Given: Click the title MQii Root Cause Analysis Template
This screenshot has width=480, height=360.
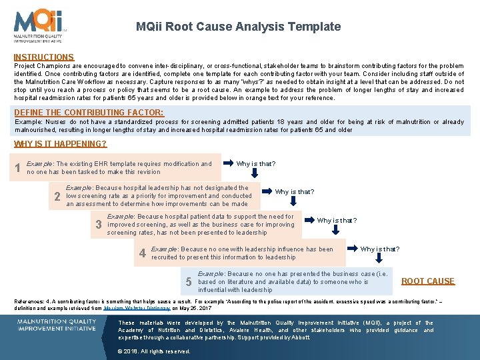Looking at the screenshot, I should [x=238, y=27].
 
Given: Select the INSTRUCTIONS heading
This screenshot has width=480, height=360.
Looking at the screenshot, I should [x=44, y=58].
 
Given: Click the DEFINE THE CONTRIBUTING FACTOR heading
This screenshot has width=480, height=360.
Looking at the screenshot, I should [x=89, y=113].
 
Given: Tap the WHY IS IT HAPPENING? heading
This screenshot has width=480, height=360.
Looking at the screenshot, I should [x=60, y=144].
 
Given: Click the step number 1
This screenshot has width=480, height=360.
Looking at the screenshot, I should [x=18, y=168].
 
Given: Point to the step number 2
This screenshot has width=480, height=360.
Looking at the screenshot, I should [x=57, y=197].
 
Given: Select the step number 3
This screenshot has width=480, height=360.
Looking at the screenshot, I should [x=99, y=225].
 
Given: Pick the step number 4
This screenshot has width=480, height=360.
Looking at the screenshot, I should [x=142, y=253].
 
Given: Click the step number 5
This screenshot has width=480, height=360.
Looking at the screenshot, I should [x=189, y=282].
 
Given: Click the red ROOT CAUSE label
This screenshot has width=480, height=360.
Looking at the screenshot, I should [x=427, y=281].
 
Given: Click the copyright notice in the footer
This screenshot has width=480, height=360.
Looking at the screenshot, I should [x=154, y=351].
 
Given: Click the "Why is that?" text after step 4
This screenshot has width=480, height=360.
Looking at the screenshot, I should [x=380, y=249].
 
